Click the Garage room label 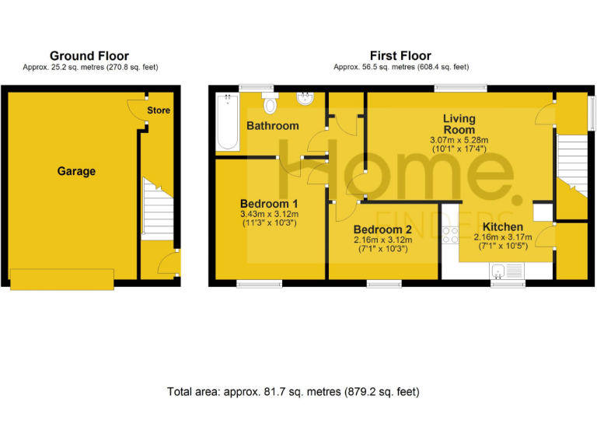tap(76, 171)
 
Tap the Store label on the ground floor tap(159, 110)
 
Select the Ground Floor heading tap(89, 56)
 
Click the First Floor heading tap(401, 56)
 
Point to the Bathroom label tap(272, 126)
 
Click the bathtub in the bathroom tap(228, 121)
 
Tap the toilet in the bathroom tap(271, 103)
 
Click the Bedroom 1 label tap(269, 204)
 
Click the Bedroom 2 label tap(382, 230)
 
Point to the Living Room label tap(459, 124)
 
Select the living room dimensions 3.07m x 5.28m tap(459, 140)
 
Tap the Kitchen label tap(504, 227)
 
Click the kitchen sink tap(508, 271)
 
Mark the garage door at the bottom tap(62, 278)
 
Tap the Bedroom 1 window tap(259, 284)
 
